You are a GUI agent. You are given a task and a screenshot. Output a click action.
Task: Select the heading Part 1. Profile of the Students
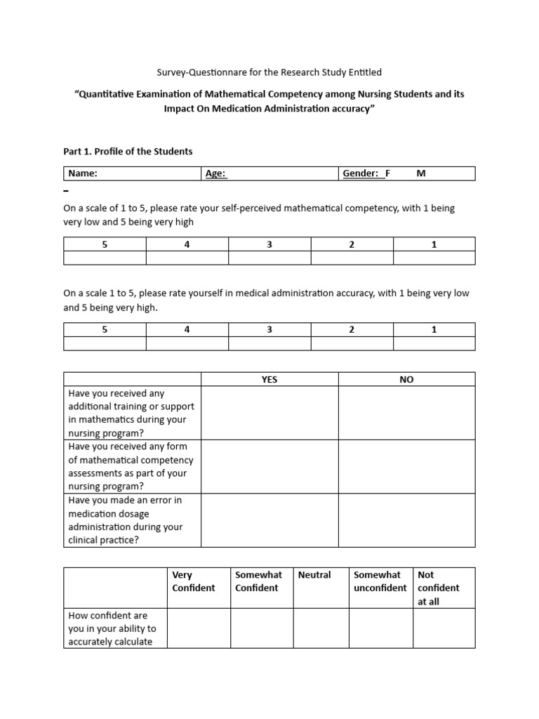[x=128, y=151]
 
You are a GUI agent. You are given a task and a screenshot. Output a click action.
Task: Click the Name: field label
[x=82, y=173]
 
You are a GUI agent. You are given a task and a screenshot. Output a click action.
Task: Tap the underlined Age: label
[x=215, y=173]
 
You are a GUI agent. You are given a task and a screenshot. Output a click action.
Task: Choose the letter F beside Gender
[x=387, y=173]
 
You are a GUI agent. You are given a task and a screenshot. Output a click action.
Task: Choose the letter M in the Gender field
[x=421, y=173]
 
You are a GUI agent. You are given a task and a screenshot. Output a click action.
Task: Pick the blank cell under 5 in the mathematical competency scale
[x=105, y=258]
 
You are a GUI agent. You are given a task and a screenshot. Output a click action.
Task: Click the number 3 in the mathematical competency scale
[x=269, y=244]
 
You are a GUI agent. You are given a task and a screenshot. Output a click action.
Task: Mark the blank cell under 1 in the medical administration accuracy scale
[x=434, y=343]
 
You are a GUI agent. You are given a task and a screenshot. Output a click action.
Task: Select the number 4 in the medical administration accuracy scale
[x=187, y=330]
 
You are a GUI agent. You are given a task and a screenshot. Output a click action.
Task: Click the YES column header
[x=269, y=379]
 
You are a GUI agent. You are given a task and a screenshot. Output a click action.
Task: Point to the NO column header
[x=406, y=379]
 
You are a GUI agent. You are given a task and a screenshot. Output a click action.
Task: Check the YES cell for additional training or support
[x=269, y=413]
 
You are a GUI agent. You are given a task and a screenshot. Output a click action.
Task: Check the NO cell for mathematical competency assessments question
[x=406, y=466]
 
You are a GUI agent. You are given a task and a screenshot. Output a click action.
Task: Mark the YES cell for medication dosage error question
[x=269, y=520]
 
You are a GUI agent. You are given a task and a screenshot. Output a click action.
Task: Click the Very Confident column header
[x=194, y=581]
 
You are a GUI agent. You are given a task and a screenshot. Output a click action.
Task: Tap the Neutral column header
[x=314, y=575]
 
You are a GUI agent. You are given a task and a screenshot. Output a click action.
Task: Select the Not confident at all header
[x=439, y=588]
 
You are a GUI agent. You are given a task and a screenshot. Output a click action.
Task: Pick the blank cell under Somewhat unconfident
[x=380, y=628]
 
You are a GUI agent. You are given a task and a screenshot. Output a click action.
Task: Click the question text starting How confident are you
[x=112, y=628]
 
